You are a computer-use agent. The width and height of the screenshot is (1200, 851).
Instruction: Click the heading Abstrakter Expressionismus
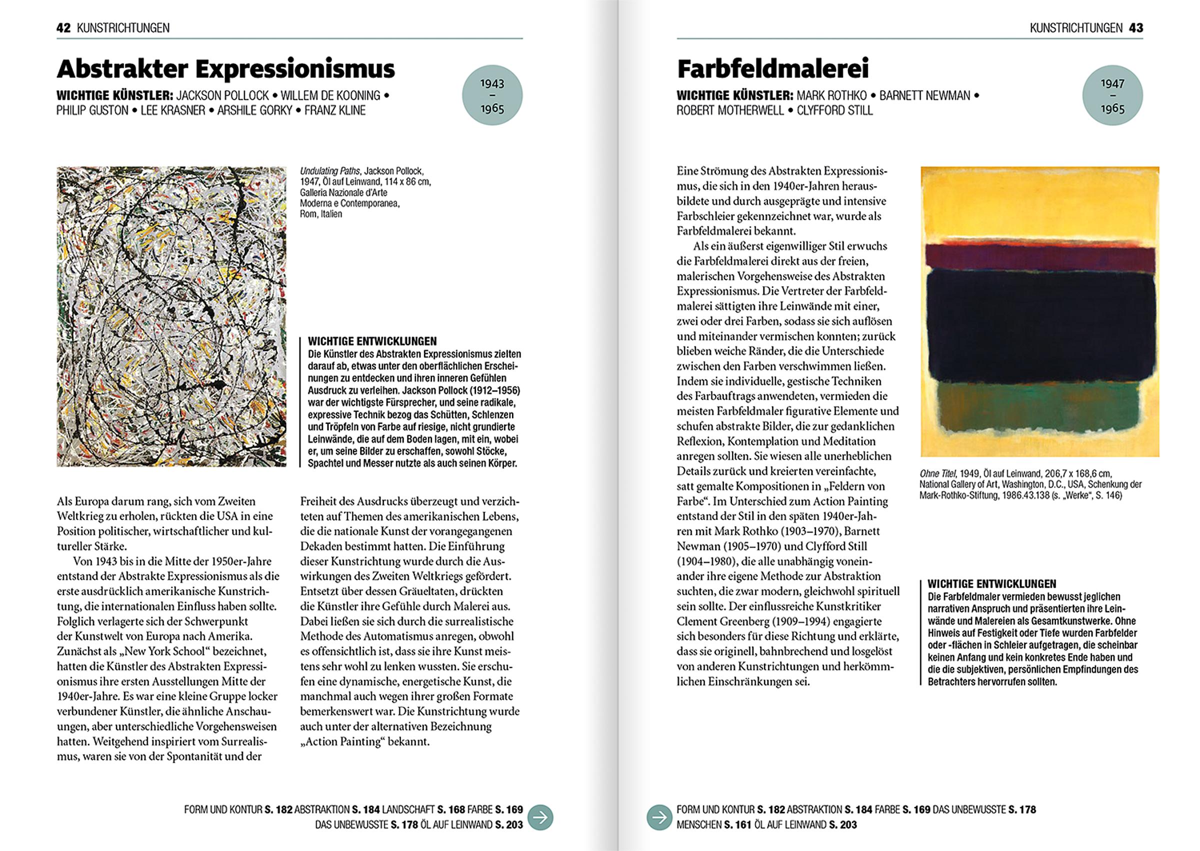pyautogui.click(x=225, y=68)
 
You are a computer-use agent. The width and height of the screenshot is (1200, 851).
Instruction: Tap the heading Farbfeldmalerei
pyautogui.click(x=773, y=68)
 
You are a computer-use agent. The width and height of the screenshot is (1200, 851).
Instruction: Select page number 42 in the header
pyautogui.click(x=63, y=28)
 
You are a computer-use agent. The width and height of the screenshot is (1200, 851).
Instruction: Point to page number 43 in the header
pyautogui.click(x=1135, y=28)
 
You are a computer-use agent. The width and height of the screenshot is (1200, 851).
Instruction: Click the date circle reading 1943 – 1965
pyautogui.click(x=491, y=95)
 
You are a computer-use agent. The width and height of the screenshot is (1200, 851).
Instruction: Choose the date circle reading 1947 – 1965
pyautogui.click(x=1112, y=95)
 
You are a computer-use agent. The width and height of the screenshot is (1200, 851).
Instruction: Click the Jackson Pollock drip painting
pyautogui.click(x=171, y=316)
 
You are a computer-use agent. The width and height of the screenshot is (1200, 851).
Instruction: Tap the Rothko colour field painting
pyautogui.click(x=1039, y=311)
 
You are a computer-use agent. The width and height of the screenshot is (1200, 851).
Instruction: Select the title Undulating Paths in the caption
pyautogui.click(x=329, y=171)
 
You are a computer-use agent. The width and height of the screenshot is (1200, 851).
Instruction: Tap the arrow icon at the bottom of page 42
pyautogui.click(x=540, y=817)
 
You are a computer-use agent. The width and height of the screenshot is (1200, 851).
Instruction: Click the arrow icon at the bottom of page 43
pyautogui.click(x=658, y=817)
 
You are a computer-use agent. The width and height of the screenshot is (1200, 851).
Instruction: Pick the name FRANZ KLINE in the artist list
pyautogui.click(x=335, y=110)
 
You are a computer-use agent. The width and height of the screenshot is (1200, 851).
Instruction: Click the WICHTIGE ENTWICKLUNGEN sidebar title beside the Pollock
pyautogui.click(x=372, y=341)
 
